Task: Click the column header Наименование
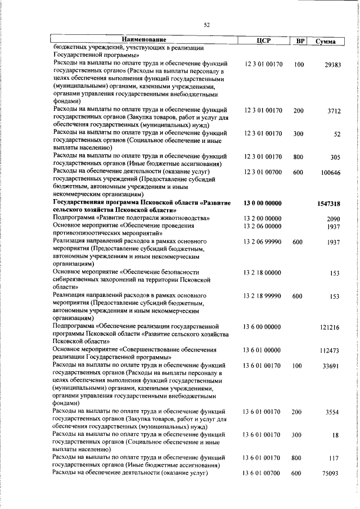[145, 40]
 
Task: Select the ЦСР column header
[263, 40]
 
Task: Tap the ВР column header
[300, 41]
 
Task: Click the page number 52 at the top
[206, 24]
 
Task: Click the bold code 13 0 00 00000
[263, 202]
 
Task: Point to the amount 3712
[334, 111]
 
